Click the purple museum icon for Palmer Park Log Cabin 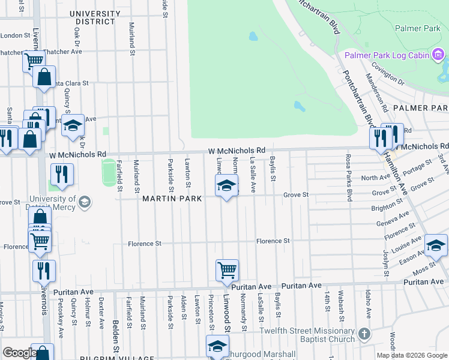[x=438, y=56]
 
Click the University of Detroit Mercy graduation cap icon [x=85, y=202]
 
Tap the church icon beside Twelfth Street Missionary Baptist [x=363, y=333]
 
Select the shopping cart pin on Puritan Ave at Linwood [x=227, y=270]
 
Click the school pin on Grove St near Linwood [x=226, y=185]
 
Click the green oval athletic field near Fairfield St [x=109, y=172]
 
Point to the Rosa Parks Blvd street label [x=348, y=169]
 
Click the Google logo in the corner [x=19, y=353]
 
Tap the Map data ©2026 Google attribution [x=412, y=355]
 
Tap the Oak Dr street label [x=77, y=40]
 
